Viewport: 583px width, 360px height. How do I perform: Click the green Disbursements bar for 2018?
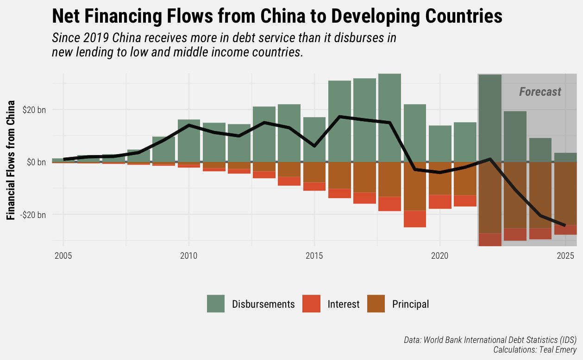click(389, 118)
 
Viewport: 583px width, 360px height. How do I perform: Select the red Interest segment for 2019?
click(415, 219)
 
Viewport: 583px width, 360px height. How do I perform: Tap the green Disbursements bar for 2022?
click(490, 118)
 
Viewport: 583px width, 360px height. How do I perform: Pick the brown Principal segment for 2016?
click(339, 175)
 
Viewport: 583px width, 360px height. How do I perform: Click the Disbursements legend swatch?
click(216, 304)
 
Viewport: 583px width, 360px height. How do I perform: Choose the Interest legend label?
click(343, 304)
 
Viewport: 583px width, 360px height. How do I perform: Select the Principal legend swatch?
click(376, 304)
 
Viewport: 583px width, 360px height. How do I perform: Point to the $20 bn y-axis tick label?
click(34, 110)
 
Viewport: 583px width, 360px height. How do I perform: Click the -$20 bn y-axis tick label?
click(33, 215)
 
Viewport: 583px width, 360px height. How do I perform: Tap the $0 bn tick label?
click(36, 162)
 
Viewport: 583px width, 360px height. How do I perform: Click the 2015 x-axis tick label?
click(314, 256)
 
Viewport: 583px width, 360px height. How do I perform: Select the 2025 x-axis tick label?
click(565, 256)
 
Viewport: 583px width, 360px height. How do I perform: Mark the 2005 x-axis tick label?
click(63, 256)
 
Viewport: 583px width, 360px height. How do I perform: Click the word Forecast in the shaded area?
click(540, 92)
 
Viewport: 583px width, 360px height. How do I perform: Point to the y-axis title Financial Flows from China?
click(11, 160)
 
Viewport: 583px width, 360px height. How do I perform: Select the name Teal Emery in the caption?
click(558, 350)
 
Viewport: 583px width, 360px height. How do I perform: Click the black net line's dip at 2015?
click(314, 146)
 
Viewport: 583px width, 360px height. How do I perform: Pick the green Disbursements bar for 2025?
click(565, 157)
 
